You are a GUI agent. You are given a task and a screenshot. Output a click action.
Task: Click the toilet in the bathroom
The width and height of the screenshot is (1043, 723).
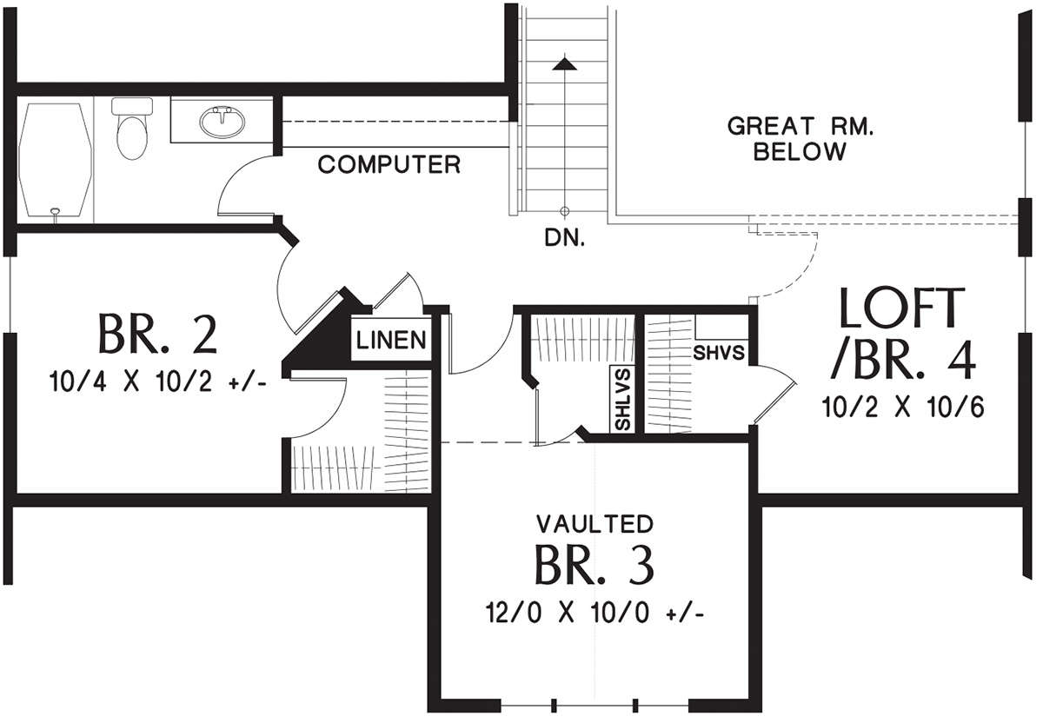[132, 129]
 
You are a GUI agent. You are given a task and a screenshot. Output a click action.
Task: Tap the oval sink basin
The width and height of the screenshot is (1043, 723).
[223, 122]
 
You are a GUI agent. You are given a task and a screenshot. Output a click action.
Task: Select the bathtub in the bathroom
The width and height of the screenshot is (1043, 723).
[55, 160]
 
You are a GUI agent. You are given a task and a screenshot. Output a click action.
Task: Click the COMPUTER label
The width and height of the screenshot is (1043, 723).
[389, 165]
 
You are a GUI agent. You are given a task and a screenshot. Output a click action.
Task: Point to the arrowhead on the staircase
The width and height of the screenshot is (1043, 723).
[564, 63]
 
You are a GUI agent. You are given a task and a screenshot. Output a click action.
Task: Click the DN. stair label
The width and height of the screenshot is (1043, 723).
[564, 239]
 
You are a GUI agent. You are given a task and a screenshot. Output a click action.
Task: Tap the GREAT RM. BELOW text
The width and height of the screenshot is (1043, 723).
[800, 139]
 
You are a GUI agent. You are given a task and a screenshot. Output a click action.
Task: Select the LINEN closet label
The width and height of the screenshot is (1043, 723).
[391, 340]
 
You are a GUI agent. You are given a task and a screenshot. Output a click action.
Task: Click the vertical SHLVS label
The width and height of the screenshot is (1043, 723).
[622, 399]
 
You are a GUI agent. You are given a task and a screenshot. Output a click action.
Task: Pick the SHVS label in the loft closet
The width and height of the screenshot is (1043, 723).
[719, 353]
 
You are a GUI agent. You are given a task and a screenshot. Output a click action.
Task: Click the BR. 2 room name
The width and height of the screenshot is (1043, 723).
[157, 335]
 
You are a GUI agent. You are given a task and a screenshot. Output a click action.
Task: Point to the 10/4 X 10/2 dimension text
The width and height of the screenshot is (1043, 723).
[158, 382]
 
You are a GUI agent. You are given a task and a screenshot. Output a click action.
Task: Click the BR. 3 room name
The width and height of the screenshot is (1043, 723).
[595, 565]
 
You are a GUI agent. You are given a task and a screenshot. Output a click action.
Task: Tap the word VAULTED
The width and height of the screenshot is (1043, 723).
[595, 524]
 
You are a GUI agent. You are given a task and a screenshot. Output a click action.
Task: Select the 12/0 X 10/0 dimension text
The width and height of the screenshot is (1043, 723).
[595, 613]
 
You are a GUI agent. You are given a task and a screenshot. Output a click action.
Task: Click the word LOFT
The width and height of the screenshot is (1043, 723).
[902, 308]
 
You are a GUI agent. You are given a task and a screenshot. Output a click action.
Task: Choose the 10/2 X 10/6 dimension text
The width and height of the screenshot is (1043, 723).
[903, 407]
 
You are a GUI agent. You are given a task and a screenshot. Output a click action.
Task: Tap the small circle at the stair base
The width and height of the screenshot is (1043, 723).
[564, 211]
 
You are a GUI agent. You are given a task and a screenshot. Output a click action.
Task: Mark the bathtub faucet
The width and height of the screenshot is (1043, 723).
[56, 213]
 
